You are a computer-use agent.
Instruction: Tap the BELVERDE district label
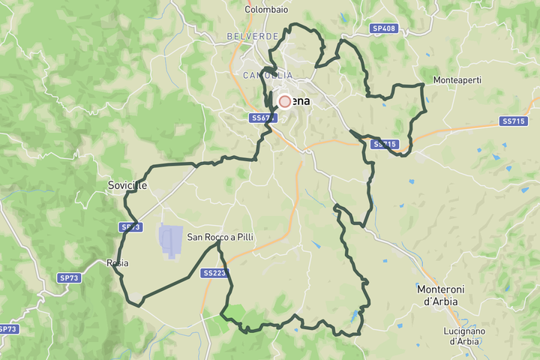(x=253, y=36)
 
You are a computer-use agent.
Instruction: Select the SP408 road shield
(x=383, y=28)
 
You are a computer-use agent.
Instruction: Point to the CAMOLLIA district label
(x=267, y=75)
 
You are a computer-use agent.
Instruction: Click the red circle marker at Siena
(x=285, y=101)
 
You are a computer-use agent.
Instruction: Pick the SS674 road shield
(x=262, y=118)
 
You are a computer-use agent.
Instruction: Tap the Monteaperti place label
(x=457, y=79)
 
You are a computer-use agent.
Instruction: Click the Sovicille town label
(x=127, y=185)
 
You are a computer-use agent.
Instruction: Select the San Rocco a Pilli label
(x=220, y=237)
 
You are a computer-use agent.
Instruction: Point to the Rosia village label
(x=118, y=263)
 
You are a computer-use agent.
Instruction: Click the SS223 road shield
(x=214, y=273)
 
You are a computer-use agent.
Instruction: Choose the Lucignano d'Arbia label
(x=463, y=335)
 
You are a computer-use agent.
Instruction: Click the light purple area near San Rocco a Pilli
(x=170, y=241)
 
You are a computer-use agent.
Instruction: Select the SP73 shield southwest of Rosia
(x=68, y=277)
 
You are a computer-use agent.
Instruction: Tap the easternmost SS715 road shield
(x=514, y=121)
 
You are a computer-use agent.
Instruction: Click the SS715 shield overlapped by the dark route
(x=385, y=143)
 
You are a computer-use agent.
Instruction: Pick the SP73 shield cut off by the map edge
(x=7, y=329)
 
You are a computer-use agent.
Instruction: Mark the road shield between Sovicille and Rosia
(x=130, y=226)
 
